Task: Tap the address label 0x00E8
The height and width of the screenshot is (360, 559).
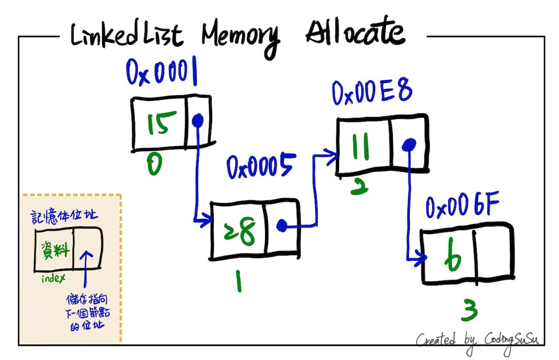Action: pos(372,93)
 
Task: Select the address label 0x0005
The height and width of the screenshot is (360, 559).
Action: pos(261,167)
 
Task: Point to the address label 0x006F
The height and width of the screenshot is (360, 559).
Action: pos(463,207)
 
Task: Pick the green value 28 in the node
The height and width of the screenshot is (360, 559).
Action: pos(239,231)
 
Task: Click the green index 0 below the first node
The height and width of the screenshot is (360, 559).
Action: pos(154,166)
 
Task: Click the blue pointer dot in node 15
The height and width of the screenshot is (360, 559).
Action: pos(197,121)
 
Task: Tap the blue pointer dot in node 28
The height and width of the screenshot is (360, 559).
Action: pos(282,226)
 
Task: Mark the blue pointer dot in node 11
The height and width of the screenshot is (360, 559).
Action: pos(409,146)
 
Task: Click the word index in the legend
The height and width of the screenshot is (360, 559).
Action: pos(53,279)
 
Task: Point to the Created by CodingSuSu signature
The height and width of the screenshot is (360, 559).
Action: pos(478,339)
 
